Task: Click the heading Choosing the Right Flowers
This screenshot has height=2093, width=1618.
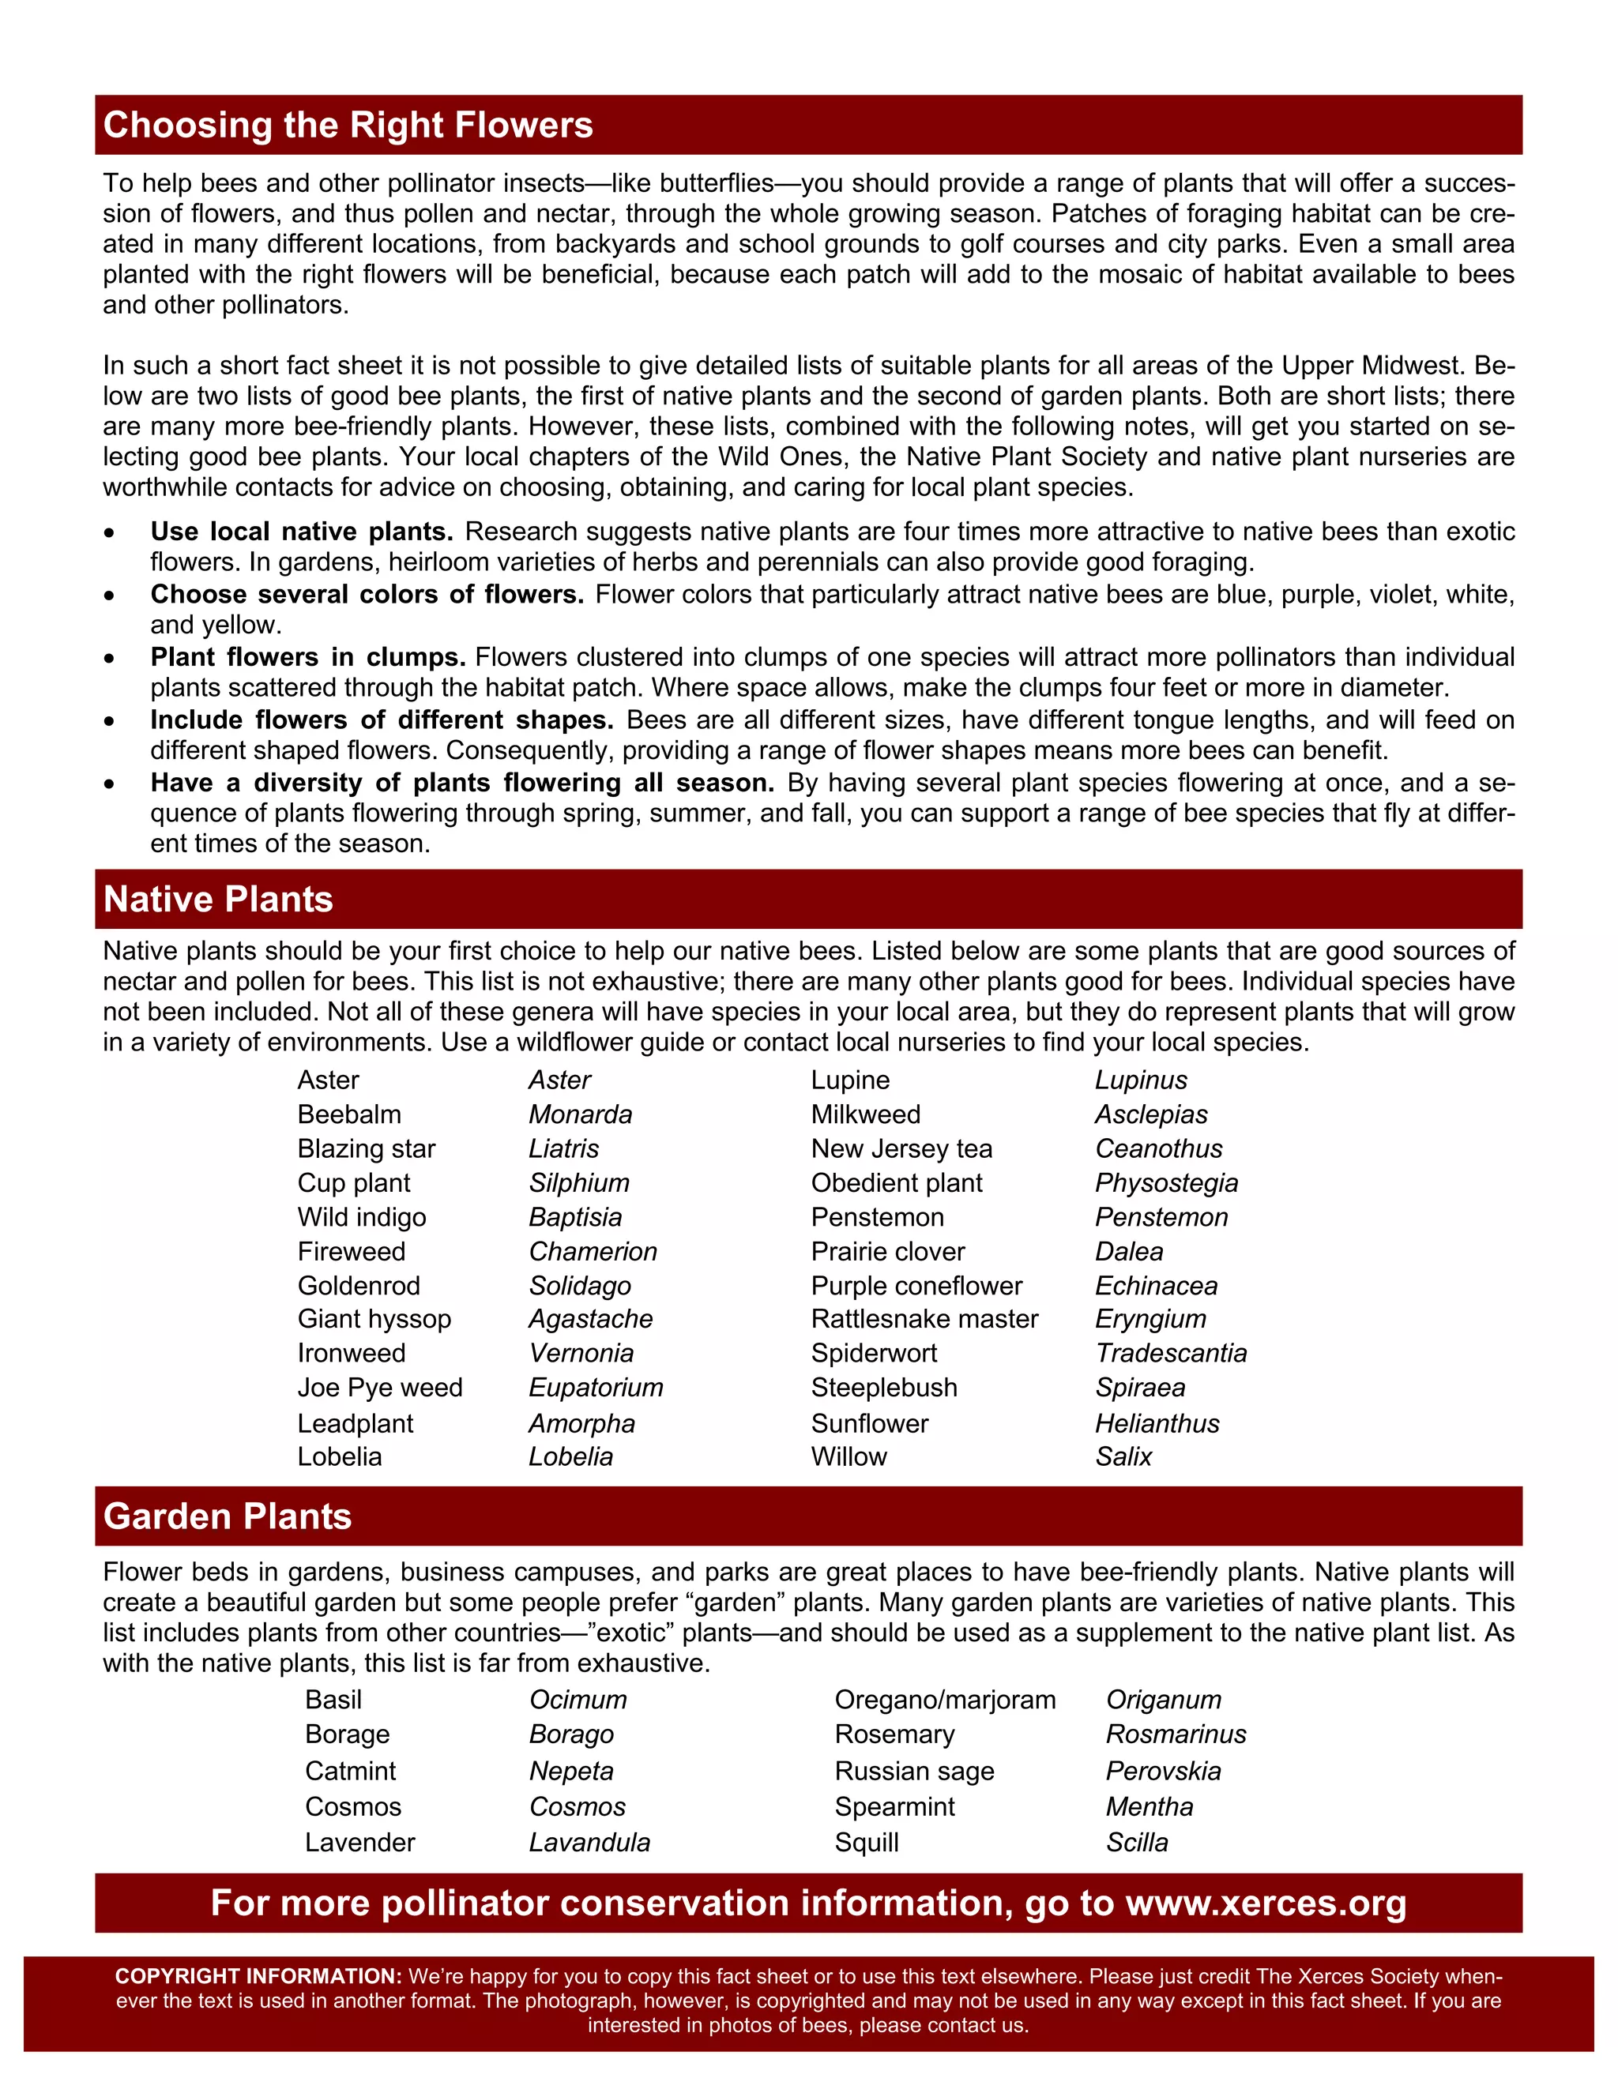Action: [x=348, y=126]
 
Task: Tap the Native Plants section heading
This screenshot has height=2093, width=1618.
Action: [x=219, y=899]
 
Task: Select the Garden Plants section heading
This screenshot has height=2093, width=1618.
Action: [x=228, y=1516]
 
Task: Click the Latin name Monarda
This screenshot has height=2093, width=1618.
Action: [x=580, y=1114]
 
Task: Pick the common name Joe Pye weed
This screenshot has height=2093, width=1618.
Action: [x=379, y=1388]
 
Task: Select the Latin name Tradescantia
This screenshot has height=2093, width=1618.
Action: [x=1170, y=1353]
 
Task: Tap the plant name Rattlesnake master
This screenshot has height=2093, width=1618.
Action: [x=924, y=1319]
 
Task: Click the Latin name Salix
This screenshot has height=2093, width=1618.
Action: [x=1123, y=1456]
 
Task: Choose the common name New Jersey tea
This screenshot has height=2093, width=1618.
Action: [x=901, y=1148]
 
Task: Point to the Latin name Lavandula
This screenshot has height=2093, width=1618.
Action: [x=589, y=1842]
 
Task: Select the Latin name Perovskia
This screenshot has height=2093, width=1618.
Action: [x=1163, y=1771]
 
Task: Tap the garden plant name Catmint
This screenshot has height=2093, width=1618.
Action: [x=350, y=1771]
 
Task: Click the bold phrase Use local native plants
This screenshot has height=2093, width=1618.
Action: [x=302, y=532]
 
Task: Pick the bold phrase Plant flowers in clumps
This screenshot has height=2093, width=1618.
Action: [x=307, y=657]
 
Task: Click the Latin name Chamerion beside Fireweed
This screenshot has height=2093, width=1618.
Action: [x=593, y=1252]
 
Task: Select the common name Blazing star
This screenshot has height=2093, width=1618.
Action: [x=366, y=1148]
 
